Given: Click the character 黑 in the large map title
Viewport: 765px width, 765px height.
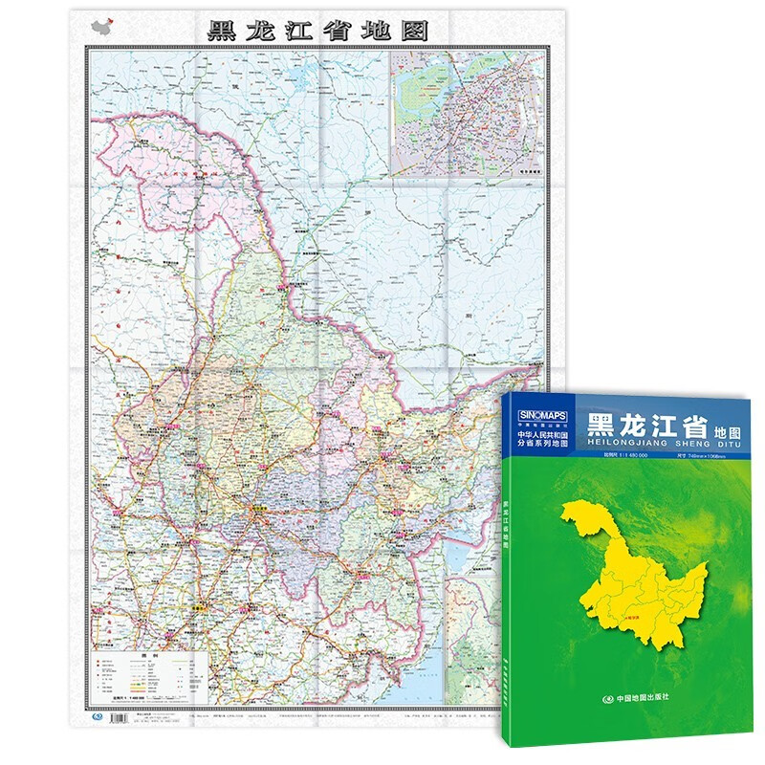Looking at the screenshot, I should click(x=224, y=29).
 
